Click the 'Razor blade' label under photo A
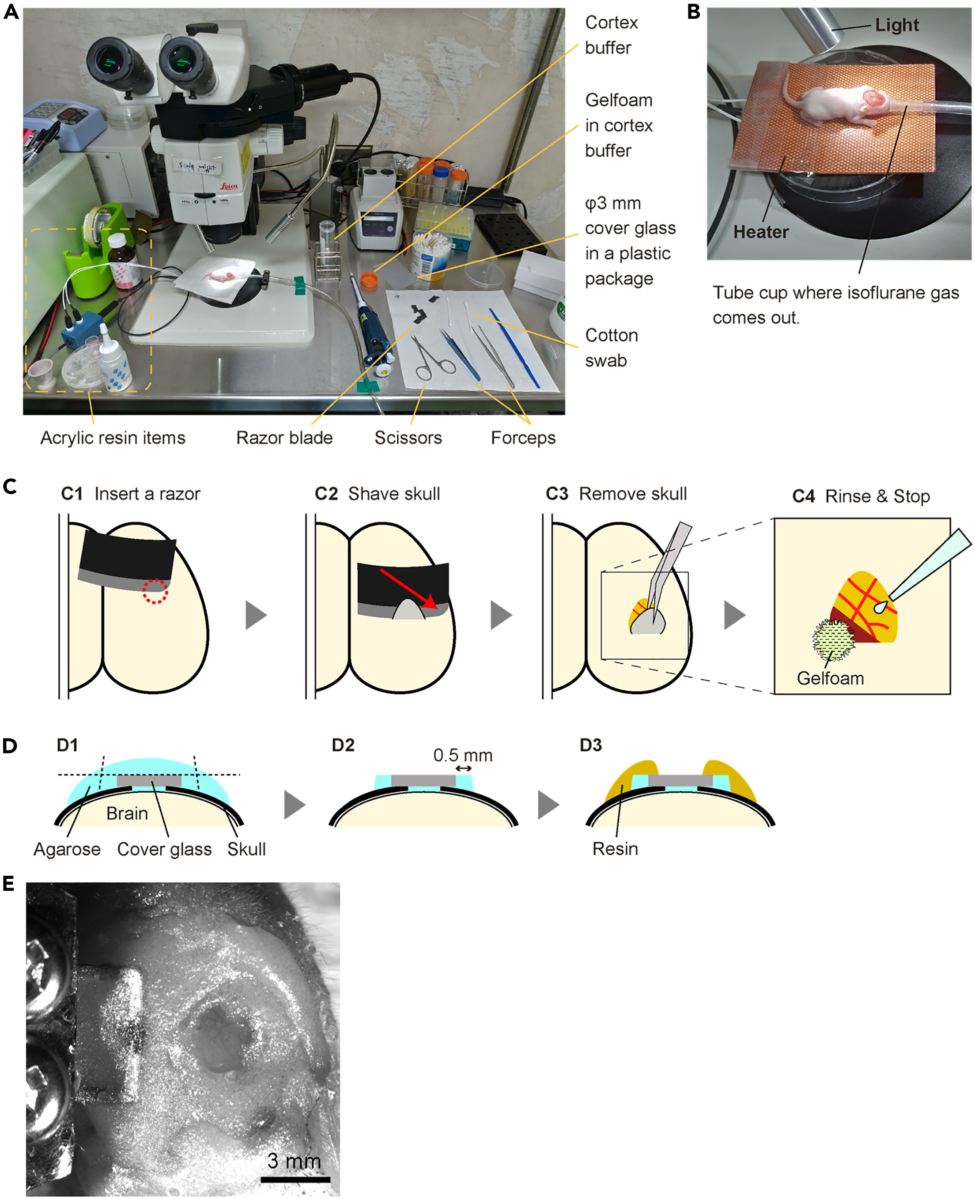284,438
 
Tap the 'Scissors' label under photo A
408,438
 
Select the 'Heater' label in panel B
761,232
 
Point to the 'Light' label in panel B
897,25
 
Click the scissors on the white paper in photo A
430,359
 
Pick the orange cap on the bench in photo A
368,279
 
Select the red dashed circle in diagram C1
155,591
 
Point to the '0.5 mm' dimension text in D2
463,755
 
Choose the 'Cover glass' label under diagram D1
164,849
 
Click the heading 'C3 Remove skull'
616,494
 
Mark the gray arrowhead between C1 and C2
256,615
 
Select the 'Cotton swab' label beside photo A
611,348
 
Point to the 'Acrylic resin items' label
113,438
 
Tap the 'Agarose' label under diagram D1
67,849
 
